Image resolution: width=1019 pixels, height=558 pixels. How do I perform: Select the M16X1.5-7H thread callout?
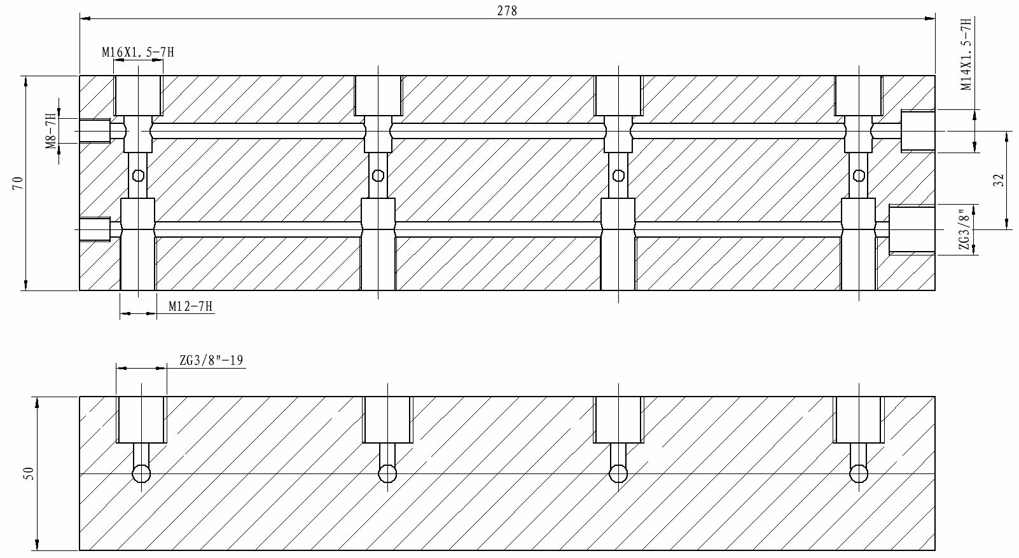click(x=137, y=53)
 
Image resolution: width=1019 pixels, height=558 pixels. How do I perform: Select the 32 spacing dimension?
click(x=998, y=180)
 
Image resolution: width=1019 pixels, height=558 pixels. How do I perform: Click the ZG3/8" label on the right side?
click(x=966, y=229)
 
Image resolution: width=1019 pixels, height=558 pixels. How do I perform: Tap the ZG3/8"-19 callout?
click(x=211, y=360)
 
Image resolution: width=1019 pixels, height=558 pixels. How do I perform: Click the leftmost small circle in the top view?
click(x=138, y=177)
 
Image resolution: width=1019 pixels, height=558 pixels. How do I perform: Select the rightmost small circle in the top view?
click(x=859, y=175)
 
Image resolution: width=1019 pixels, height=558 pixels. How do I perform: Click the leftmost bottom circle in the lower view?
click(x=141, y=473)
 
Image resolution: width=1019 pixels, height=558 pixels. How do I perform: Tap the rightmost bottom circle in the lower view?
click(x=859, y=473)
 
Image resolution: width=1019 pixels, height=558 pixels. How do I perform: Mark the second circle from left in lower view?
click(x=387, y=473)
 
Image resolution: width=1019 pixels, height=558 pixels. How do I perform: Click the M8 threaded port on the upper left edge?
click(x=95, y=132)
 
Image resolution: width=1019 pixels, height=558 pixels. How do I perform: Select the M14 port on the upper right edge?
click(x=918, y=131)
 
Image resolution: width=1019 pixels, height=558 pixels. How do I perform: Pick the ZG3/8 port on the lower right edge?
click(x=912, y=229)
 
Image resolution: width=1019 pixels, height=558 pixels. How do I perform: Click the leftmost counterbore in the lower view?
click(x=141, y=419)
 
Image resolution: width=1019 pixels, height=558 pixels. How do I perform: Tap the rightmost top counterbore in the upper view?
click(x=859, y=95)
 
